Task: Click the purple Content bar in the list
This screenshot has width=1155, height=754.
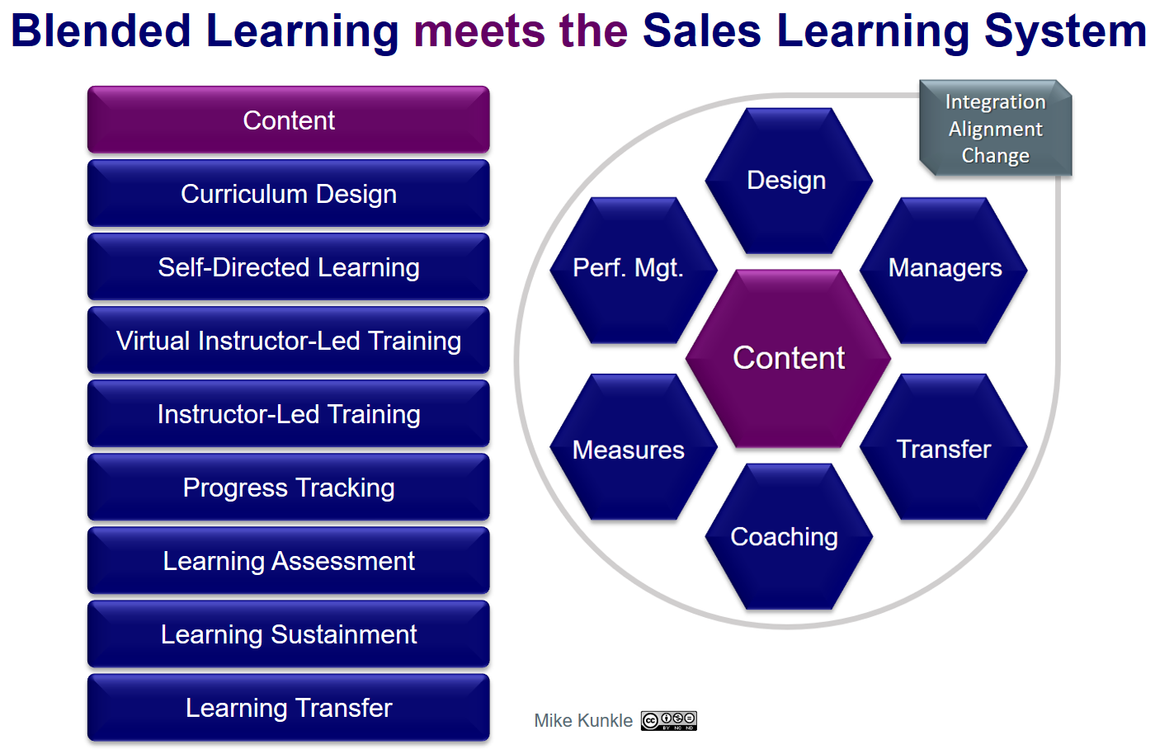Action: pos(288,120)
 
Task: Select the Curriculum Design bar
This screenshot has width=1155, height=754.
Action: pos(288,193)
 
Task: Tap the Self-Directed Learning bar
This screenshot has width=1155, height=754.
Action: pos(288,266)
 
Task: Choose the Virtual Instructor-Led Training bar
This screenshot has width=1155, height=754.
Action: pos(288,341)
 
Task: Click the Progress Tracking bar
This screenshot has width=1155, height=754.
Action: pos(288,488)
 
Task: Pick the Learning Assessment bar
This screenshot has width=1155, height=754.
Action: pos(288,561)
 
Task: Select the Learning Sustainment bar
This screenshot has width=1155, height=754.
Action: pos(288,634)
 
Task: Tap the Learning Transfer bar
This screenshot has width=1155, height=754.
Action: pos(288,708)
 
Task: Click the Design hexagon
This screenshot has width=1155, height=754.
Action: pos(789,181)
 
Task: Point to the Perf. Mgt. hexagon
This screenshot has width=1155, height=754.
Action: pos(634,271)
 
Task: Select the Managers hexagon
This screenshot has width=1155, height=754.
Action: pos(944,271)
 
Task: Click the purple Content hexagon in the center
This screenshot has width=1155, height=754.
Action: pos(789,358)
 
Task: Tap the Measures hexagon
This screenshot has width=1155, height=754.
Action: pos(634,446)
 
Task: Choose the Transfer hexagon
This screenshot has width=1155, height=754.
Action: pos(944,446)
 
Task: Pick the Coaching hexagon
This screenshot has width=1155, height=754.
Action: pos(789,536)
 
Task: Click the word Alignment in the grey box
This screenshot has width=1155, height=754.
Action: pos(996,129)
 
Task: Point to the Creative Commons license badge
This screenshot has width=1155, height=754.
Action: pos(669,720)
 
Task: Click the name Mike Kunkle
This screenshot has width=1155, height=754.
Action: pos(583,720)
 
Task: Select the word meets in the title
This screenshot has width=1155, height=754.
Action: pos(479,31)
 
